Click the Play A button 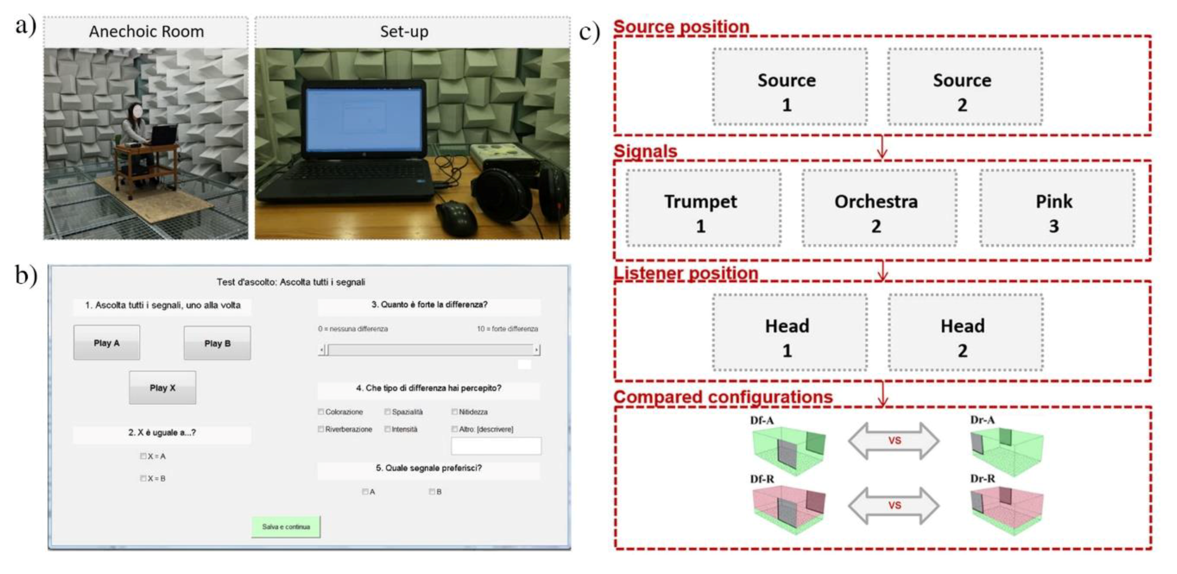[x=106, y=343]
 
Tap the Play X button [x=162, y=388]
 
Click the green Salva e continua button [x=286, y=527]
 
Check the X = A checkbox [x=143, y=456]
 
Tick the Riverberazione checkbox [x=321, y=429]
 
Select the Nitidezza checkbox [x=455, y=412]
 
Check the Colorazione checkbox [x=321, y=412]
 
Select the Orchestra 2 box [x=879, y=208]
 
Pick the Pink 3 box [x=1056, y=208]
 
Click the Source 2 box [x=965, y=87]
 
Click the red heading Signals [x=645, y=151]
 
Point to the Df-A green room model [x=788, y=448]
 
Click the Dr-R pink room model [x=1006, y=508]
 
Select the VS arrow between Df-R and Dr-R [x=894, y=505]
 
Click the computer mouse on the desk [x=456, y=217]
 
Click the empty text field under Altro [x=496, y=446]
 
